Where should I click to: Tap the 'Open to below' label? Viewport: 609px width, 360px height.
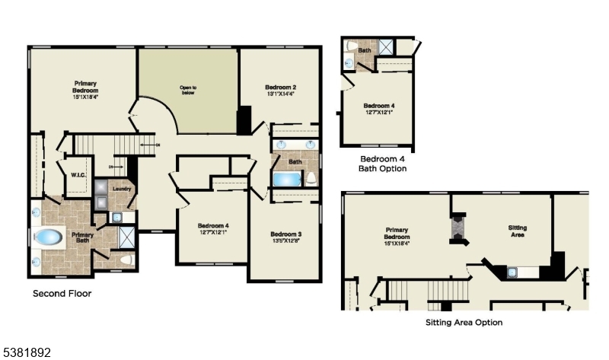tap(188, 91)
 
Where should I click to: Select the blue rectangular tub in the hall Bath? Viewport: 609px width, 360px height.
tap(287, 180)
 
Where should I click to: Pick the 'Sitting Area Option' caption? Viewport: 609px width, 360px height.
tap(464, 322)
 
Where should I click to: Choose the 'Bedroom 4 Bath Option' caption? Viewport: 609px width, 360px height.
tap(383, 163)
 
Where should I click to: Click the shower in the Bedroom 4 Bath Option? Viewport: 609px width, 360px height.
tap(386, 47)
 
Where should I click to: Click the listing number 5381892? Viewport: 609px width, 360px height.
tap(27, 352)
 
